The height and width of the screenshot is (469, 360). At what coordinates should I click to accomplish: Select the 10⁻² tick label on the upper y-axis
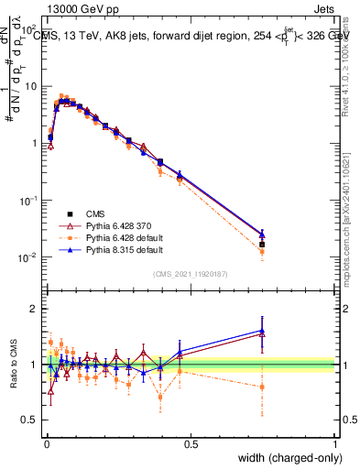coord(28,257)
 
